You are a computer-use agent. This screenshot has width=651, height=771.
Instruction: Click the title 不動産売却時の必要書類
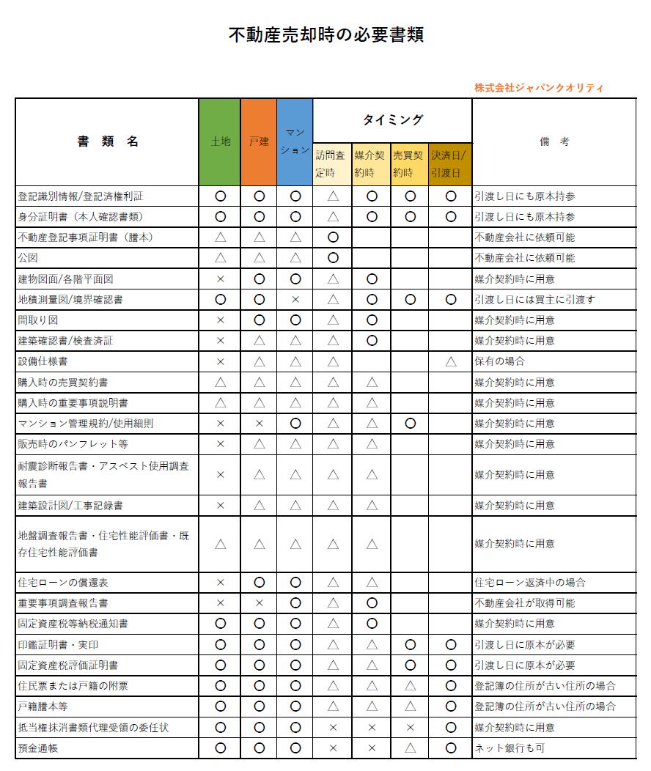click(326, 35)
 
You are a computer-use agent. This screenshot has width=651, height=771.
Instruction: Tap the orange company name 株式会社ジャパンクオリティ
click(539, 88)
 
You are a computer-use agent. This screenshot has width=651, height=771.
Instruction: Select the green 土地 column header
click(220, 141)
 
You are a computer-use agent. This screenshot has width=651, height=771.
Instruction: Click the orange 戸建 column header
click(259, 141)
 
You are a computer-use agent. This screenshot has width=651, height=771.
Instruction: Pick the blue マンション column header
click(295, 141)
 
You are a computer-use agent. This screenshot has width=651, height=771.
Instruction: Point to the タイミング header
click(392, 119)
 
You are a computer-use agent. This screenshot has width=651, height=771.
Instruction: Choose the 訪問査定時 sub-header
click(333, 164)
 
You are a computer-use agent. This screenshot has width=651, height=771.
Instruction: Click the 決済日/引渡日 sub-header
click(450, 164)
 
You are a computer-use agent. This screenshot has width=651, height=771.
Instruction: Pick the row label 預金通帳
click(39, 748)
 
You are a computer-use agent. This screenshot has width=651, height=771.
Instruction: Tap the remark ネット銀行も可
click(510, 748)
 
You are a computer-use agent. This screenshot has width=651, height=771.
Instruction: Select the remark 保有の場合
click(500, 361)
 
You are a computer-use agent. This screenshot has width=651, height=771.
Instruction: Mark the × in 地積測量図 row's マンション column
click(295, 300)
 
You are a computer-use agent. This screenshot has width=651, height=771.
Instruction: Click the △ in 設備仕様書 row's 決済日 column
click(450, 361)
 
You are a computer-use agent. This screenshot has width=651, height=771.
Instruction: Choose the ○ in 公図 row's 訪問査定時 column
click(333, 258)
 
